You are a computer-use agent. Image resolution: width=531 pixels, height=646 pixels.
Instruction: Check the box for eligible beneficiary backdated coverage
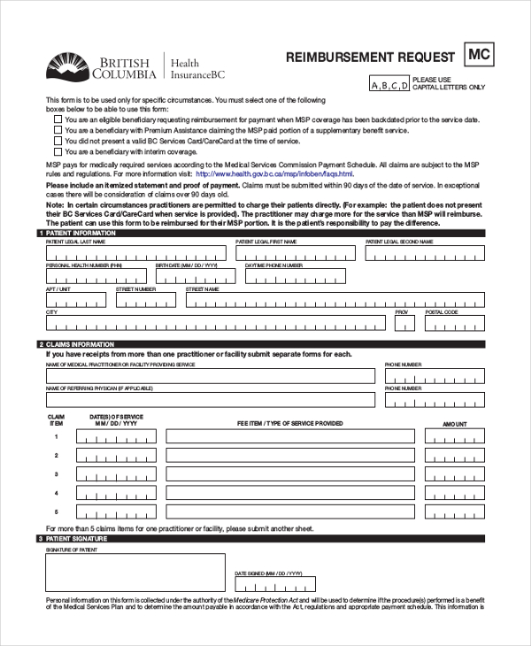coord(58,119)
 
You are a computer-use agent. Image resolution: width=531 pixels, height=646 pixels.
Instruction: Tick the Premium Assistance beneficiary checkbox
coord(58,130)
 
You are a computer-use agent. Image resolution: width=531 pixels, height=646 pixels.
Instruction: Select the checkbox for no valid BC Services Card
coord(58,141)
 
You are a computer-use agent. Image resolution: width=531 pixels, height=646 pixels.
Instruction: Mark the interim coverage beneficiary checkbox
coord(58,151)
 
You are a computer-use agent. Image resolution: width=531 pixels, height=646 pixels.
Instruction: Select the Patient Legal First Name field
coord(296,254)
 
